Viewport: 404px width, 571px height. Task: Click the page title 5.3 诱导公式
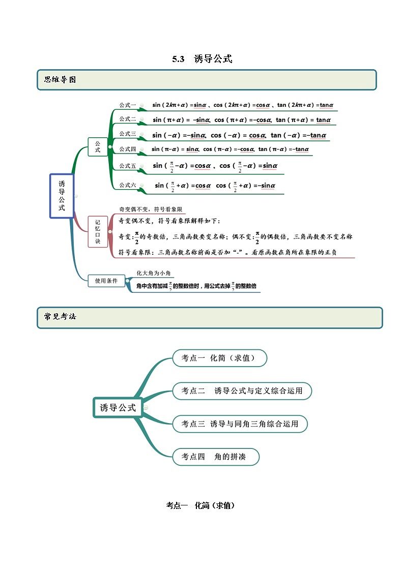click(202, 59)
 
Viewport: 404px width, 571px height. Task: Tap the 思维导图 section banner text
click(60, 79)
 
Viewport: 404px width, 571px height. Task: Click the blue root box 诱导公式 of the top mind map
click(62, 196)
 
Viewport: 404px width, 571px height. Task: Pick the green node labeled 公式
click(98, 146)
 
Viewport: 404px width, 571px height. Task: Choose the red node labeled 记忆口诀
click(98, 231)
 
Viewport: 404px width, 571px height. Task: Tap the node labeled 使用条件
click(106, 280)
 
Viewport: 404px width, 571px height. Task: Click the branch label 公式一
click(128, 105)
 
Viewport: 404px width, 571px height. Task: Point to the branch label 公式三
click(128, 134)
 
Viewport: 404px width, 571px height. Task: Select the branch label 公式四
click(128, 149)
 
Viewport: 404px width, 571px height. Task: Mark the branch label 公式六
click(128, 185)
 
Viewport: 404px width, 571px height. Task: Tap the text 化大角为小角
click(153, 274)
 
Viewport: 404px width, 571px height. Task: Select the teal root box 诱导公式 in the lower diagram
click(118, 407)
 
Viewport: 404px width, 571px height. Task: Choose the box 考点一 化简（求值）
click(219, 358)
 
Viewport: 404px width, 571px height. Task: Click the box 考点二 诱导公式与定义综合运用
click(242, 390)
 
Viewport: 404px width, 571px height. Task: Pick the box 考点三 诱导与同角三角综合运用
click(240, 424)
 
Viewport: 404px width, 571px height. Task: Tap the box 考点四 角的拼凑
click(216, 457)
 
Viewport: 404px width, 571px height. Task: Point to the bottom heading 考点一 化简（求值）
click(200, 505)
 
